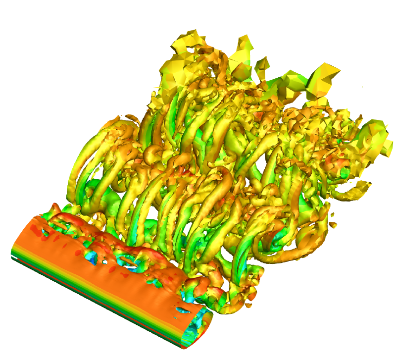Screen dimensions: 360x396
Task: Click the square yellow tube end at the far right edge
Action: [x=387, y=147]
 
